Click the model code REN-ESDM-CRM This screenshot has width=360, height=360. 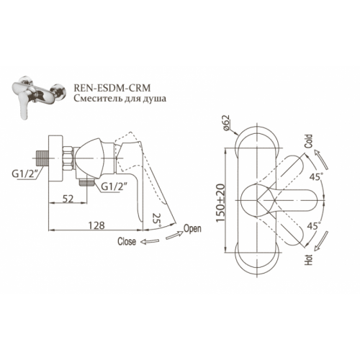(112, 88)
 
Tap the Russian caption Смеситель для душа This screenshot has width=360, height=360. (120, 99)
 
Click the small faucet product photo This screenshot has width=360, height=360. (39, 97)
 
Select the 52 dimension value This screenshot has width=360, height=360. (68, 199)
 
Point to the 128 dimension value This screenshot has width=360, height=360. (96, 225)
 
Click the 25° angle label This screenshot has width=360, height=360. (156, 220)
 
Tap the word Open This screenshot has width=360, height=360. (192, 228)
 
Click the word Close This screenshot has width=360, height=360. (127, 241)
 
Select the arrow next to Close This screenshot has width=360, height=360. (150, 242)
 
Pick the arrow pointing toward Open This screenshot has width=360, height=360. (174, 235)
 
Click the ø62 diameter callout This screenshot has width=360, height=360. (226, 123)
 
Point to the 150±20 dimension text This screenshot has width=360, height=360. (220, 203)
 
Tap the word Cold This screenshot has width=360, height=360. (308, 141)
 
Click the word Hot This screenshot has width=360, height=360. (309, 259)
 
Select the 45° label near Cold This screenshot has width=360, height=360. (315, 177)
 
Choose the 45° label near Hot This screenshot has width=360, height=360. (314, 226)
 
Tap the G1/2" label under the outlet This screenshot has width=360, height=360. (113, 186)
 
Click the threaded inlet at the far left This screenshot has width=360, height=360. (42, 158)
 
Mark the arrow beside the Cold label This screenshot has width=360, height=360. (321, 159)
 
